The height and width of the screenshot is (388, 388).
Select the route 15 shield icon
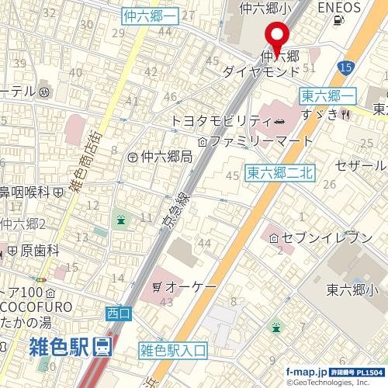click(x=346, y=69)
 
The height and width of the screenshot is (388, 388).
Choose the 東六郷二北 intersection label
click(x=279, y=173)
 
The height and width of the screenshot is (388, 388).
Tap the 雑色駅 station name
click(x=57, y=347)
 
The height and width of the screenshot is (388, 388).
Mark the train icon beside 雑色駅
click(x=102, y=347)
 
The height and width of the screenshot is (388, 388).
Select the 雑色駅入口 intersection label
click(x=175, y=350)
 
